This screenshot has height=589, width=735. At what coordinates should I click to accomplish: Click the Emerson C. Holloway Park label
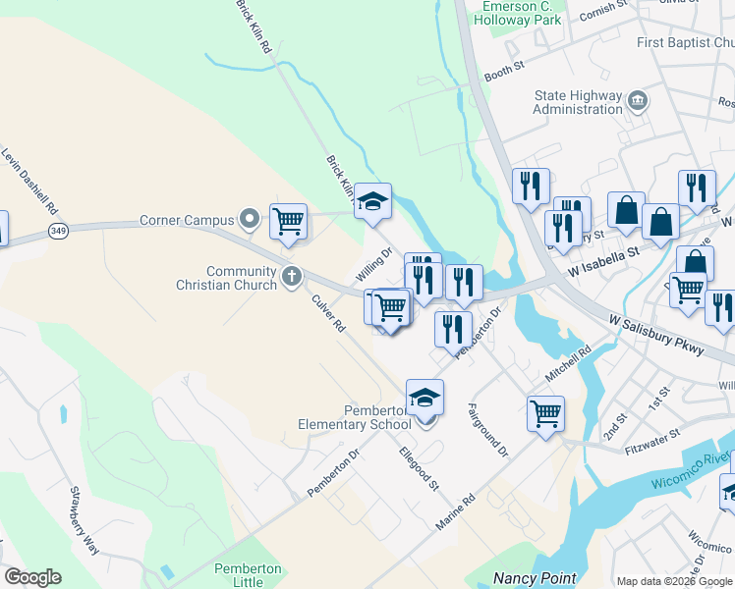(x=521, y=13)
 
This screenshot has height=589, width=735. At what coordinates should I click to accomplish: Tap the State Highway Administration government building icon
(x=638, y=100)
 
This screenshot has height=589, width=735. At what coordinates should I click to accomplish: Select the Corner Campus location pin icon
(x=251, y=220)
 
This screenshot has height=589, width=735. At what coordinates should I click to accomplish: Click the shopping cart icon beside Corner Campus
(x=288, y=221)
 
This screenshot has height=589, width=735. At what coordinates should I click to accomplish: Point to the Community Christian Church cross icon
(x=291, y=277)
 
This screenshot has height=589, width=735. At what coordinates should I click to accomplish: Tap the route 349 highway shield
(x=55, y=231)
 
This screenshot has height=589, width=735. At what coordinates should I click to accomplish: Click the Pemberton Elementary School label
(x=356, y=417)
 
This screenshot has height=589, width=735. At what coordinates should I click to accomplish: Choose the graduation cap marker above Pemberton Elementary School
(x=424, y=397)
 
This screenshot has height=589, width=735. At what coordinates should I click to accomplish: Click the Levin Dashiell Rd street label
(x=29, y=184)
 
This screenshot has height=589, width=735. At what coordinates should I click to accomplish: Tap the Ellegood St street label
(x=419, y=468)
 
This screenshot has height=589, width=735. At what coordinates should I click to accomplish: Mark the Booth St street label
(x=506, y=71)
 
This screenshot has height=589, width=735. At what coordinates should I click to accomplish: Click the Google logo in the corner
(x=32, y=577)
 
